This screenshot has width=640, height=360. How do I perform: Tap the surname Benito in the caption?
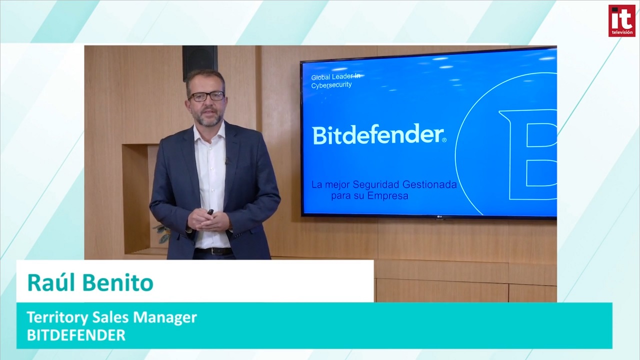pos(117,282)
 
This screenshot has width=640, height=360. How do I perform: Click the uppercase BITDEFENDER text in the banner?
pos(76,335)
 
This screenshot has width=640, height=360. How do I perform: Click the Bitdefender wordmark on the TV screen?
pos(379,134)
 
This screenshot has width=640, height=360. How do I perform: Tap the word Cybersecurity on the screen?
pos(331,85)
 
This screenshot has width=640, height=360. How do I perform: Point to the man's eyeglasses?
pos(206,96)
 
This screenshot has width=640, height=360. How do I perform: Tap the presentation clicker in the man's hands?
pos(210,212)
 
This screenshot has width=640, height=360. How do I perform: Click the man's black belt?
pos(213,251)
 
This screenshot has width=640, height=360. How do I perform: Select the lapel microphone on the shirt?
pos(227,161)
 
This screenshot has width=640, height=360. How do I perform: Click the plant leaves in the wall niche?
pos(162,233)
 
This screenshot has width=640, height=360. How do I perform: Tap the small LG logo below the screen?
pos(440,218)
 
